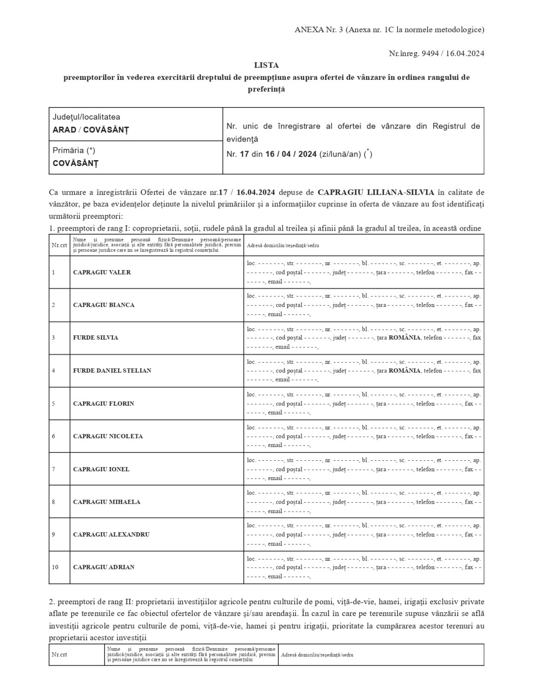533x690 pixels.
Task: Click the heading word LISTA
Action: click(266, 65)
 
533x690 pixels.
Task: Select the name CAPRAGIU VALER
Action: click(102, 273)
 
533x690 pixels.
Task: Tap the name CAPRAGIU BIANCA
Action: click(103, 305)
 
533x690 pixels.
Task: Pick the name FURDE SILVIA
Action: click(96, 338)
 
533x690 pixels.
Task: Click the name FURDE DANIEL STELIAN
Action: click(112, 371)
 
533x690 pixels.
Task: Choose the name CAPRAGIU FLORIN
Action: click(103, 404)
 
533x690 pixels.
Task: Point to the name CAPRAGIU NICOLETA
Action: click(108, 436)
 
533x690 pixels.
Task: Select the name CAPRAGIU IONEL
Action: click(101, 469)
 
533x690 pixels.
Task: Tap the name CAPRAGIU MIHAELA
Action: click(106, 502)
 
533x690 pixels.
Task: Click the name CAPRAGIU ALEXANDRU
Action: click(111, 535)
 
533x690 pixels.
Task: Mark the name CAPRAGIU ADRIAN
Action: click(103, 567)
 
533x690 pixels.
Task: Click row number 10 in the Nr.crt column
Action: click(55, 567)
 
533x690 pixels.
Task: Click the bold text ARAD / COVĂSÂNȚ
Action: click(90, 130)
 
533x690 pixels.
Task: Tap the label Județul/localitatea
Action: click(86, 117)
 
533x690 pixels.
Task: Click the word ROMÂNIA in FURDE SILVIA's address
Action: click(404, 338)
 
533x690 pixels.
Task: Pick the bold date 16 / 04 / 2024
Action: click(291, 154)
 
